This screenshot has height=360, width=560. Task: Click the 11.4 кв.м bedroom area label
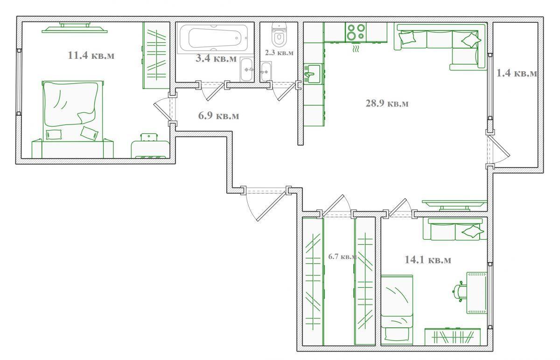(x=91, y=55)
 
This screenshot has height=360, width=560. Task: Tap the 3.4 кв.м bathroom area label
(x=216, y=58)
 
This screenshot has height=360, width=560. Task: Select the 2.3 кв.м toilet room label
(x=279, y=53)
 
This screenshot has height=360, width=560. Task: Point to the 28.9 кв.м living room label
(x=387, y=103)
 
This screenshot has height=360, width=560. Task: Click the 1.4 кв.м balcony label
(x=517, y=73)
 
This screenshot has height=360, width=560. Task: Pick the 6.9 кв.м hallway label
(x=218, y=116)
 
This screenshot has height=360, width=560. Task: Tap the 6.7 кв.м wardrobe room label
(x=342, y=256)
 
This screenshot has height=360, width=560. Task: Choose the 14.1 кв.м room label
(x=428, y=260)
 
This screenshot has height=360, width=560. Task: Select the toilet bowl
(x=279, y=35)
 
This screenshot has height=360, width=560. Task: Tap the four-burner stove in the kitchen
(x=356, y=32)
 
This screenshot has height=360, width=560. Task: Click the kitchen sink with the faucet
(x=313, y=74)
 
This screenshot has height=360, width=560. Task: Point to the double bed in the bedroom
(x=72, y=111)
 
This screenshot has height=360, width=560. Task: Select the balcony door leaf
(x=499, y=146)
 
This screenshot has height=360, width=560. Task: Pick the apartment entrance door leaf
(x=272, y=207)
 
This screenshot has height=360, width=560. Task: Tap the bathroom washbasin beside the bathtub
(x=247, y=69)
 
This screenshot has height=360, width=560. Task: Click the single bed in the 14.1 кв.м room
(x=397, y=310)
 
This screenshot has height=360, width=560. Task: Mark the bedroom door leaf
(x=162, y=111)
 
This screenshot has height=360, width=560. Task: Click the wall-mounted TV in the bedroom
(x=75, y=28)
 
